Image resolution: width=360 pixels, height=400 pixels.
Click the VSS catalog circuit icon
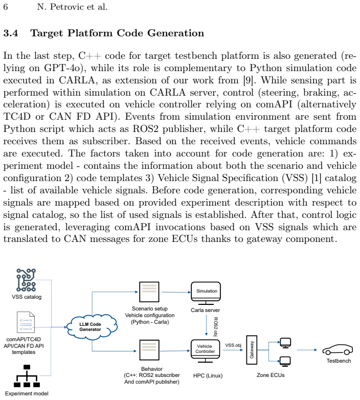point(26,280)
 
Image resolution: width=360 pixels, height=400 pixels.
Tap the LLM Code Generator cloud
point(92,327)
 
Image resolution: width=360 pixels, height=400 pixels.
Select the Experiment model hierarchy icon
point(27,376)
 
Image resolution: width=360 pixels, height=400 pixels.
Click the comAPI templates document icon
point(26,322)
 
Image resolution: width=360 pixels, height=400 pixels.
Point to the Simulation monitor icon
point(206,293)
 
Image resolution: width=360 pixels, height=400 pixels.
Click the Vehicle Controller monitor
point(205,351)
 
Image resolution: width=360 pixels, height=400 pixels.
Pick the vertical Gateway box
point(252,350)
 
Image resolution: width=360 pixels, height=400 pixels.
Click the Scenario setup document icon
point(149,292)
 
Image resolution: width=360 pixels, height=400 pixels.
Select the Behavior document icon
point(149,350)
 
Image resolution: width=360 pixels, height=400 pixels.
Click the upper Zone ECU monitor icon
point(285,343)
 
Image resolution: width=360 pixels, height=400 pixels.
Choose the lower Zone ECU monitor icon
point(285,361)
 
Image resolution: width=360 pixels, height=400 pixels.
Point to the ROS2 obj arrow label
point(215,326)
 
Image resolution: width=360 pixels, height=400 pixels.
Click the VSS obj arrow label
point(233,345)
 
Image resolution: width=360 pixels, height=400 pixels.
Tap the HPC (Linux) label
point(208,375)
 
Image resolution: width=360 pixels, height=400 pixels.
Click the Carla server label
point(205,310)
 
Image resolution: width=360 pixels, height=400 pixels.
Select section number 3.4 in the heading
point(10,33)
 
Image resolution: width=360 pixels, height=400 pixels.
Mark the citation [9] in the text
point(248,80)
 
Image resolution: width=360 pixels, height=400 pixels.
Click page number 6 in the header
point(6,7)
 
